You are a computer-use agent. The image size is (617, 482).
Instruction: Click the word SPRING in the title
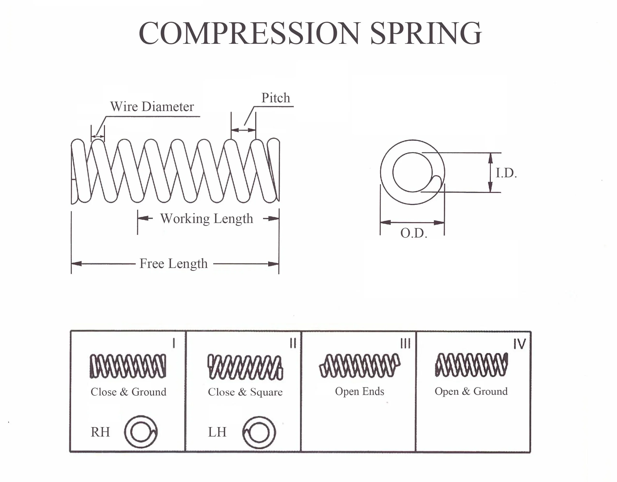pos(426,33)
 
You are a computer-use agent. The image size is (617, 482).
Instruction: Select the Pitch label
pos(275,98)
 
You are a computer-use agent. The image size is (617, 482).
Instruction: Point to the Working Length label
pos(206,219)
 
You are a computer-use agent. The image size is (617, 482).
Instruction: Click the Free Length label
pos(173,264)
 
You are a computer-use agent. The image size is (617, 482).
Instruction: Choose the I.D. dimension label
pos(506,173)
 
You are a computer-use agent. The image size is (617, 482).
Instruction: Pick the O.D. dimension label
pos(414,233)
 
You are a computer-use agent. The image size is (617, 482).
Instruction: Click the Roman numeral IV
pos(519,344)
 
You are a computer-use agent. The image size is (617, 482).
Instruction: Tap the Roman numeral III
pos(405,344)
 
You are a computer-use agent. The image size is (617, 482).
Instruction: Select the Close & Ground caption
pos(129,392)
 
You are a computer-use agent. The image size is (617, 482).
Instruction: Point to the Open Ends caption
pos(359,391)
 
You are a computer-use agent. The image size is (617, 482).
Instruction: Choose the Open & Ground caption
pos(471,391)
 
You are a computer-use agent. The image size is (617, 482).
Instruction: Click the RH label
pos(100,432)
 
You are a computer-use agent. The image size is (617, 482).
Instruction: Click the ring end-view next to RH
pos(141,432)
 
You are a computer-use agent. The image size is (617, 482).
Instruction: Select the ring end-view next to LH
pos(259,432)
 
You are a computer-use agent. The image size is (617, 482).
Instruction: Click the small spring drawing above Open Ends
pos(360,366)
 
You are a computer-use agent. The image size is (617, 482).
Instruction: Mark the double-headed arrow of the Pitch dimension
pos(243,130)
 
